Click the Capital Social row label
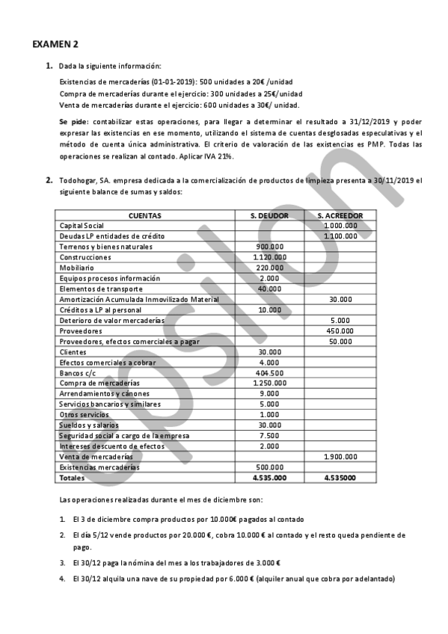(82, 225)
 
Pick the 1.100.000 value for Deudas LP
(340, 236)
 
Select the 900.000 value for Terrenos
(269, 246)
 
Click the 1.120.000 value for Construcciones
(268, 257)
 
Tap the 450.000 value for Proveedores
(340, 330)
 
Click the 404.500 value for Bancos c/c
(269, 372)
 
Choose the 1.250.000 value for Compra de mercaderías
(268, 383)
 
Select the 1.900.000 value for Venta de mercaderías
(340, 456)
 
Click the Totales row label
(73, 477)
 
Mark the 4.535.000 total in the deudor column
(269, 477)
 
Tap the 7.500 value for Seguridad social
(269, 435)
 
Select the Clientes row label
(73, 351)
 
